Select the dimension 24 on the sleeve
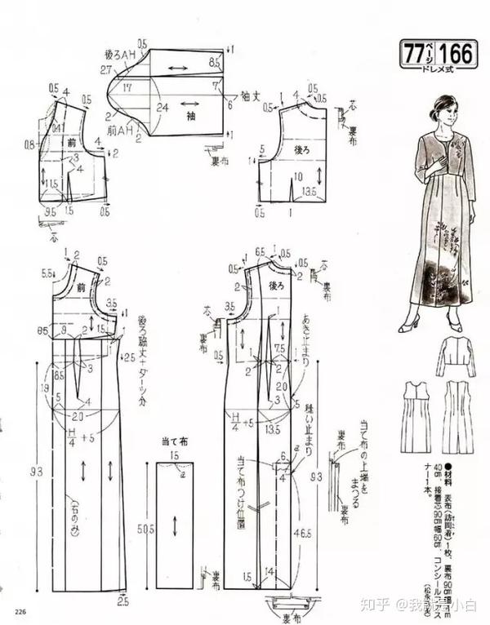(164, 105)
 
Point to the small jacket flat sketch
(455, 355)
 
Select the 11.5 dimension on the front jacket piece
(51, 184)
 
